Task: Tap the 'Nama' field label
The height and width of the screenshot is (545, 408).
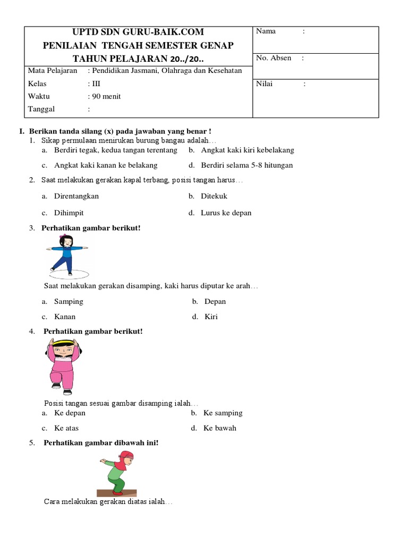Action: pos(266,31)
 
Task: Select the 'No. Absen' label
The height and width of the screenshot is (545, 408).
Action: pos(274,58)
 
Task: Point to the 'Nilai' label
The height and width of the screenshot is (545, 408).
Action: pos(264,84)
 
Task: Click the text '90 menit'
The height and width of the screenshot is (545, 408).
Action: pos(107,96)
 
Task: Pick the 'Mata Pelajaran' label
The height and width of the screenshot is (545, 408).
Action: pos(53,71)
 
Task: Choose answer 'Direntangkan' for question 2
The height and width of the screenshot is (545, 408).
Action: pos(76,196)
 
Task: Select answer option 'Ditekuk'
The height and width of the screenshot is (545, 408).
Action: pos(214,196)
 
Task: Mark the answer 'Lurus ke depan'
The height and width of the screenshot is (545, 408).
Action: pos(226,213)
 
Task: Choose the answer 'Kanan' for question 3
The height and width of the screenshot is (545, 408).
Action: pos(65,317)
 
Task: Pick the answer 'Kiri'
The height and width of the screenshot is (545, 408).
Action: pos(211,317)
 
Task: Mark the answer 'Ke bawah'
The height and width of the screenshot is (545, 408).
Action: pos(219,428)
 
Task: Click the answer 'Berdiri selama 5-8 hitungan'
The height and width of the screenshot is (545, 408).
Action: pos(246,165)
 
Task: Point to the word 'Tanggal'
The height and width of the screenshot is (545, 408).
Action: pos(41,109)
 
